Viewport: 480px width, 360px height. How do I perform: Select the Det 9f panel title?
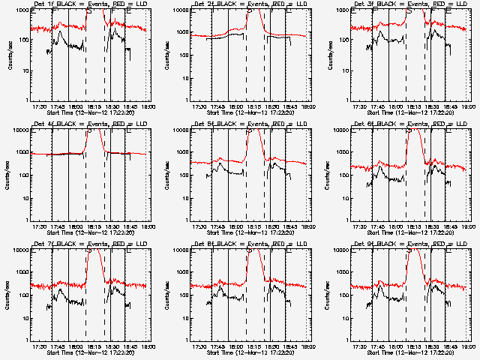409,244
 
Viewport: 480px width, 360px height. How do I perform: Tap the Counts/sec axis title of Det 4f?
9,174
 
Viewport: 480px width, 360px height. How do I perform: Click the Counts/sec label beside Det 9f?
328,294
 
